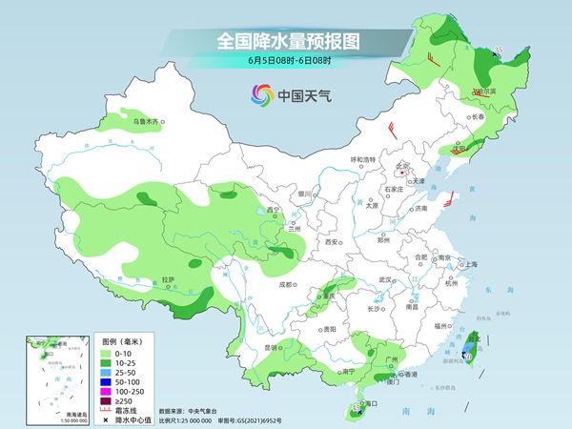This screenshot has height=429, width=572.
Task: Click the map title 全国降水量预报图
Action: [287, 42]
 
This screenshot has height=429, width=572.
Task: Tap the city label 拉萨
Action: [169, 279]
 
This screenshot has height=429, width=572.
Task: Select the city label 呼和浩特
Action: [363, 158]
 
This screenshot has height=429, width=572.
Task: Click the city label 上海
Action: [467, 264]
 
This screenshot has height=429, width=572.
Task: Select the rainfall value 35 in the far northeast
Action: [499, 51]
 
